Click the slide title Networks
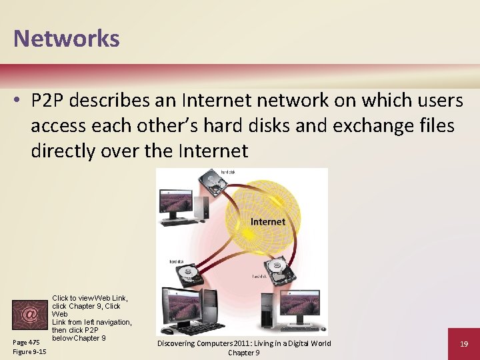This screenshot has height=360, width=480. click(x=67, y=38)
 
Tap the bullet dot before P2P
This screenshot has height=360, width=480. click(x=18, y=101)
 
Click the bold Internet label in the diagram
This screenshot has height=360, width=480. click(x=267, y=221)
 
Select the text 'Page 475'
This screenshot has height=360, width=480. click(x=25, y=342)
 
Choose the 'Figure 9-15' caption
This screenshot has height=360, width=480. click(x=29, y=351)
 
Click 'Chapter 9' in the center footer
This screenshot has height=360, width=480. click(x=244, y=352)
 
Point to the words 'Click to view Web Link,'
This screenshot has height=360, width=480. click(x=90, y=297)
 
